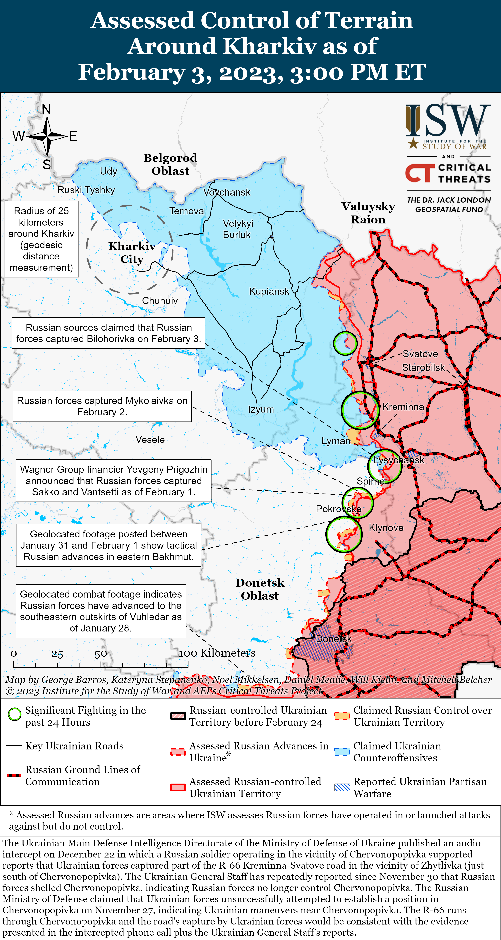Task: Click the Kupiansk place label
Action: tap(269, 291)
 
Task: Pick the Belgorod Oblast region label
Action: tap(170, 164)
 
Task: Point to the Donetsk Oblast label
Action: tap(260, 589)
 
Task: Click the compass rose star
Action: tap(47, 136)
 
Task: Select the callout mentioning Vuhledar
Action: tap(101, 611)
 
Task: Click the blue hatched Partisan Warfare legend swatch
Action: tap(342, 787)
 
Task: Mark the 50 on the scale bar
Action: tap(101, 654)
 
